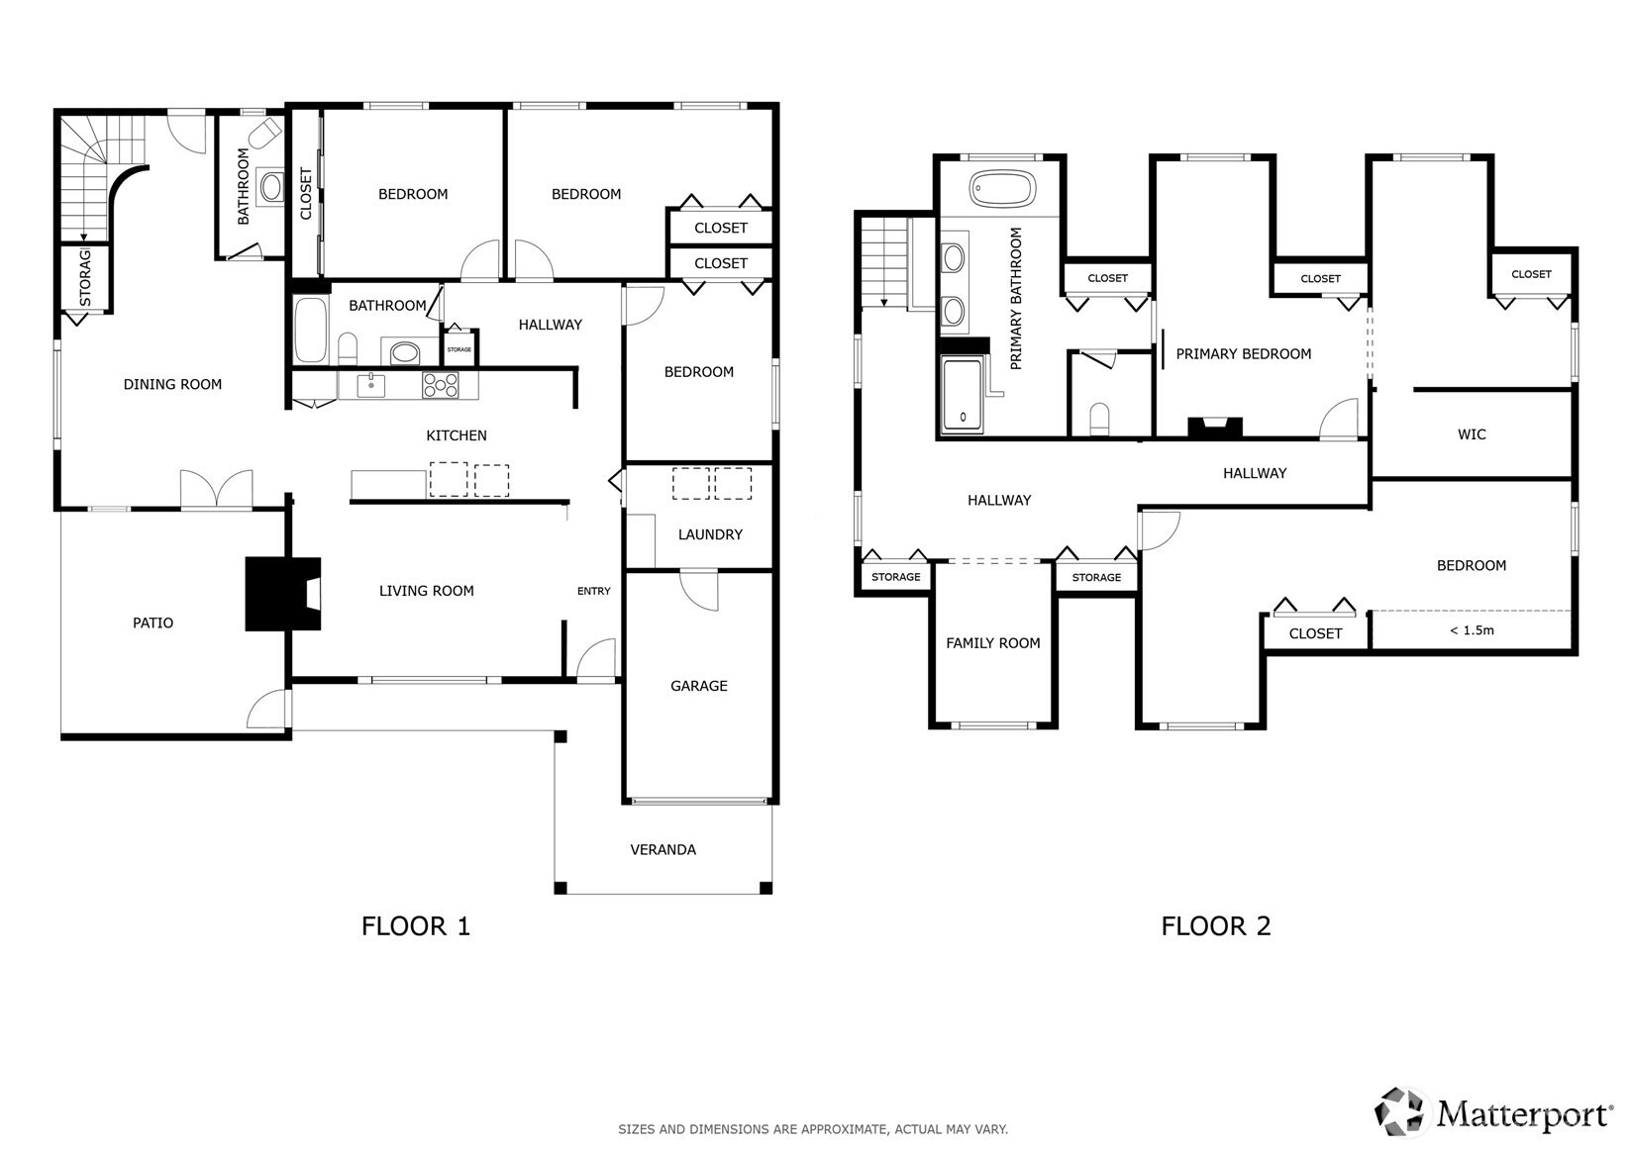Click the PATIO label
153,623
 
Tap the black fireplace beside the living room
282,594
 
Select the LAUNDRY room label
710,534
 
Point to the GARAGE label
699,686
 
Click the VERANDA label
663,849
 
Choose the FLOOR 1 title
416,926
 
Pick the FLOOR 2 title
1216,926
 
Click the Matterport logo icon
1398,1112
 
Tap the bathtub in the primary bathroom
1002,188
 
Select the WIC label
1472,434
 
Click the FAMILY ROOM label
993,643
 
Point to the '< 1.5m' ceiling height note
1472,630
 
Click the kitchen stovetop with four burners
441,385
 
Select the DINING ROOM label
172,384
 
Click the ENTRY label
593,591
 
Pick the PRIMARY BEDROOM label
1244,354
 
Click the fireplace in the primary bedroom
1214,428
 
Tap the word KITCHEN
457,435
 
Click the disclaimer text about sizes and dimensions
813,1129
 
